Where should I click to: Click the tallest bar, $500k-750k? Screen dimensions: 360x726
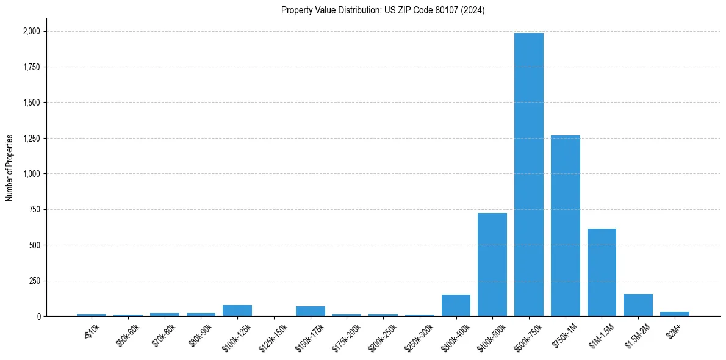pyautogui.click(x=528, y=175)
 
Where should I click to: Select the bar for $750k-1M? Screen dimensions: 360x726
pyautogui.click(x=565, y=226)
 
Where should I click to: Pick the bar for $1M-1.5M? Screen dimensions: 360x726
pyautogui.click(x=602, y=272)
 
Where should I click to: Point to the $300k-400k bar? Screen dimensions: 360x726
pyautogui.click(x=456, y=305)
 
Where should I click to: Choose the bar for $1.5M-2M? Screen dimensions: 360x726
pyautogui.click(x=638, y=305)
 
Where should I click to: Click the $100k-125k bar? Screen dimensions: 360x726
pyautogui.click(x=237, y=311)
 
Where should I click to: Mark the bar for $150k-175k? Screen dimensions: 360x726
pyautogui.click(x=310, y=311)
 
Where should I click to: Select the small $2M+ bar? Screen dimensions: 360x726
pyautogui.click(x=674, y=314)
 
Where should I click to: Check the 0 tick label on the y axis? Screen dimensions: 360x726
pyautogui.click(x=39, y=316)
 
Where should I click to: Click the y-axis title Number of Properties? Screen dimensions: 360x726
pyautogui.click(x=10, y=167)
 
